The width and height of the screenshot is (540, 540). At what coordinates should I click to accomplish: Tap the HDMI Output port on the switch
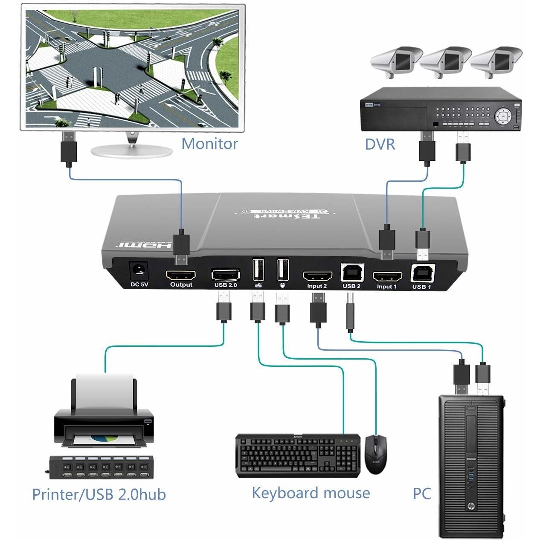181,274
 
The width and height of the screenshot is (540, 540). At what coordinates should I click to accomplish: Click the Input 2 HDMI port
317,276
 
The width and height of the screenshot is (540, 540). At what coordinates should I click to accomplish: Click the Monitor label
209,144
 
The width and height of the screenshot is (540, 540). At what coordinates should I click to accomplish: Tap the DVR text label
380,145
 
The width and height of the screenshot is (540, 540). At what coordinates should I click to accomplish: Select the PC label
421,494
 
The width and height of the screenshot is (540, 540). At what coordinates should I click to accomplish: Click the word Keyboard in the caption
285,493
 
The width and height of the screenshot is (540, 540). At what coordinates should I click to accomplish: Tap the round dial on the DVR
503,115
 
